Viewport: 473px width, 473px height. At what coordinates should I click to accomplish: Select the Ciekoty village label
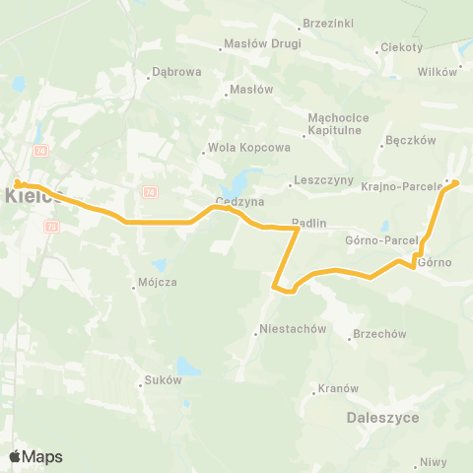[403, 47]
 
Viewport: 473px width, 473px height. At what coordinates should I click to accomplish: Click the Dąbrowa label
[177, 72]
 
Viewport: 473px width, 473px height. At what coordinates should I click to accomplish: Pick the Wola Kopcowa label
[236, 151]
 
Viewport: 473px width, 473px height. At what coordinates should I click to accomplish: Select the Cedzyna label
[236, 205]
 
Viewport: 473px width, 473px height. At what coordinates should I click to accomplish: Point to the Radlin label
[308, 223]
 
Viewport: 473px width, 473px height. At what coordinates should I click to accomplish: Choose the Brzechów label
[379, 334]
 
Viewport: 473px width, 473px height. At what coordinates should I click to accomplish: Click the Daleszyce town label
[383, 418]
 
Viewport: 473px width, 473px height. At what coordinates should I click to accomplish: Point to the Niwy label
[433, 462]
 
